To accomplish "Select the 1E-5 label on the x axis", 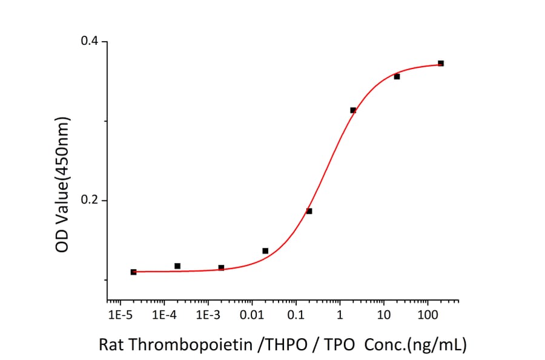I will [120, 315].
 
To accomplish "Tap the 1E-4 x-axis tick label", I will [164, 315].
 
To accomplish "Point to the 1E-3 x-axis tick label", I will [208, 315].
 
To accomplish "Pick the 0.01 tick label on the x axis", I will [252, 315].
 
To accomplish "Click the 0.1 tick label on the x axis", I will [296, 315].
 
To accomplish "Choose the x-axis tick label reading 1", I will [340, 315].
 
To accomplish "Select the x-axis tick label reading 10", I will [383, 315].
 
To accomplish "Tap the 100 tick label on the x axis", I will [428, 315].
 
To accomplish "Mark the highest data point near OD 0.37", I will [441, 63].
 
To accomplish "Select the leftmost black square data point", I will [133, 272].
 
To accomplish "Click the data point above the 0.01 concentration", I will [265, 251].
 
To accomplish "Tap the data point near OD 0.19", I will [309, 211].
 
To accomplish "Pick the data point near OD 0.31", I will [353, 110].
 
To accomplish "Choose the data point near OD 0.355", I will [397, 76].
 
